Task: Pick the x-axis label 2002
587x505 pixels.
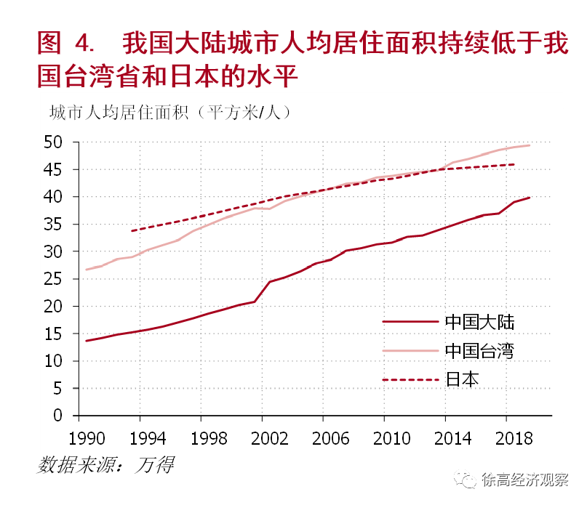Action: tap(261, 439)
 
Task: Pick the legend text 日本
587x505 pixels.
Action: tap(462, 379)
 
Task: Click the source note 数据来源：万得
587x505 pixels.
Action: tap(106, 464)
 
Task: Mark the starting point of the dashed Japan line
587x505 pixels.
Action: tap(132, 231)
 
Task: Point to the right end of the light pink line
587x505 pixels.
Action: tap(529, 145)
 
